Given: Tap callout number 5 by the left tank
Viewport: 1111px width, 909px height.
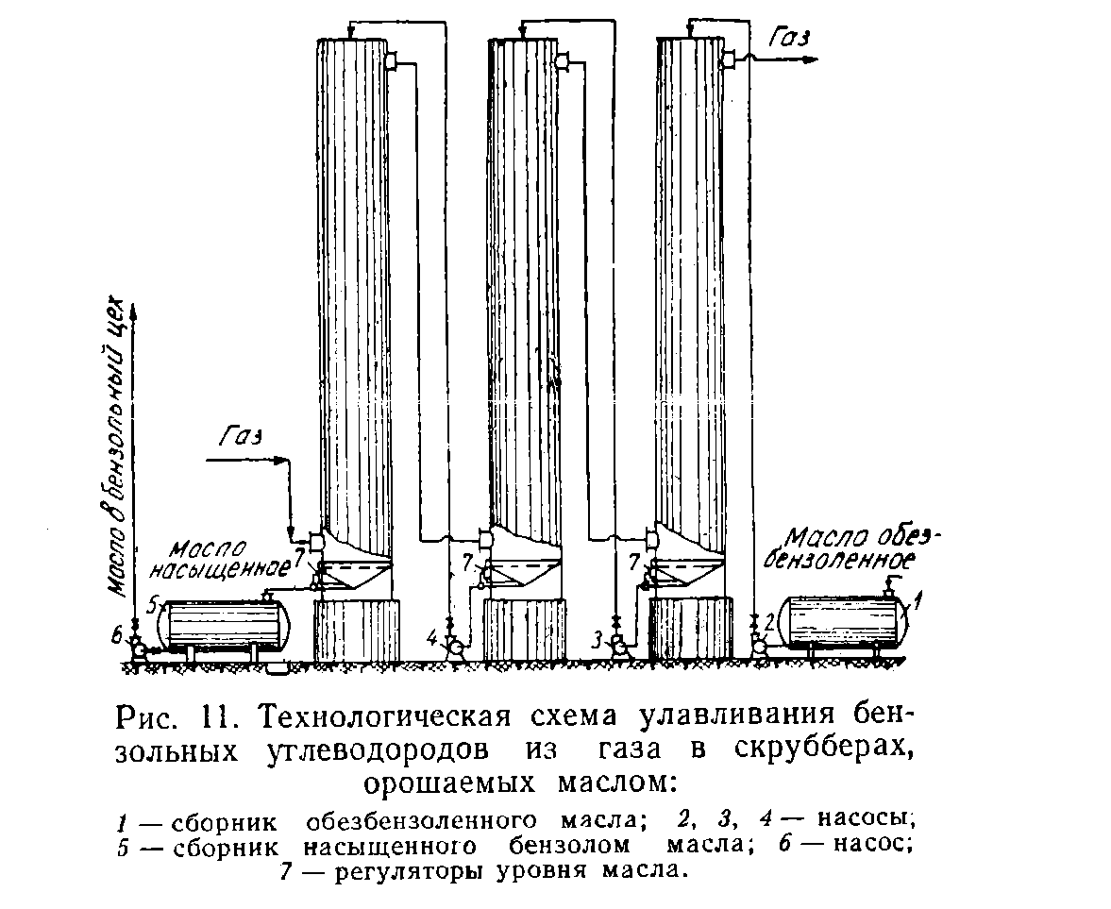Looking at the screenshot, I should coord(151,604).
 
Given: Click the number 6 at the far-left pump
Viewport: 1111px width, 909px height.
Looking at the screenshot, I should coord(117,637).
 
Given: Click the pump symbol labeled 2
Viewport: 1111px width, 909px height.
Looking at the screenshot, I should coord(757,646).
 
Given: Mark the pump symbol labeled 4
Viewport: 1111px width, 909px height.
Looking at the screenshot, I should coord(452,647).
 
